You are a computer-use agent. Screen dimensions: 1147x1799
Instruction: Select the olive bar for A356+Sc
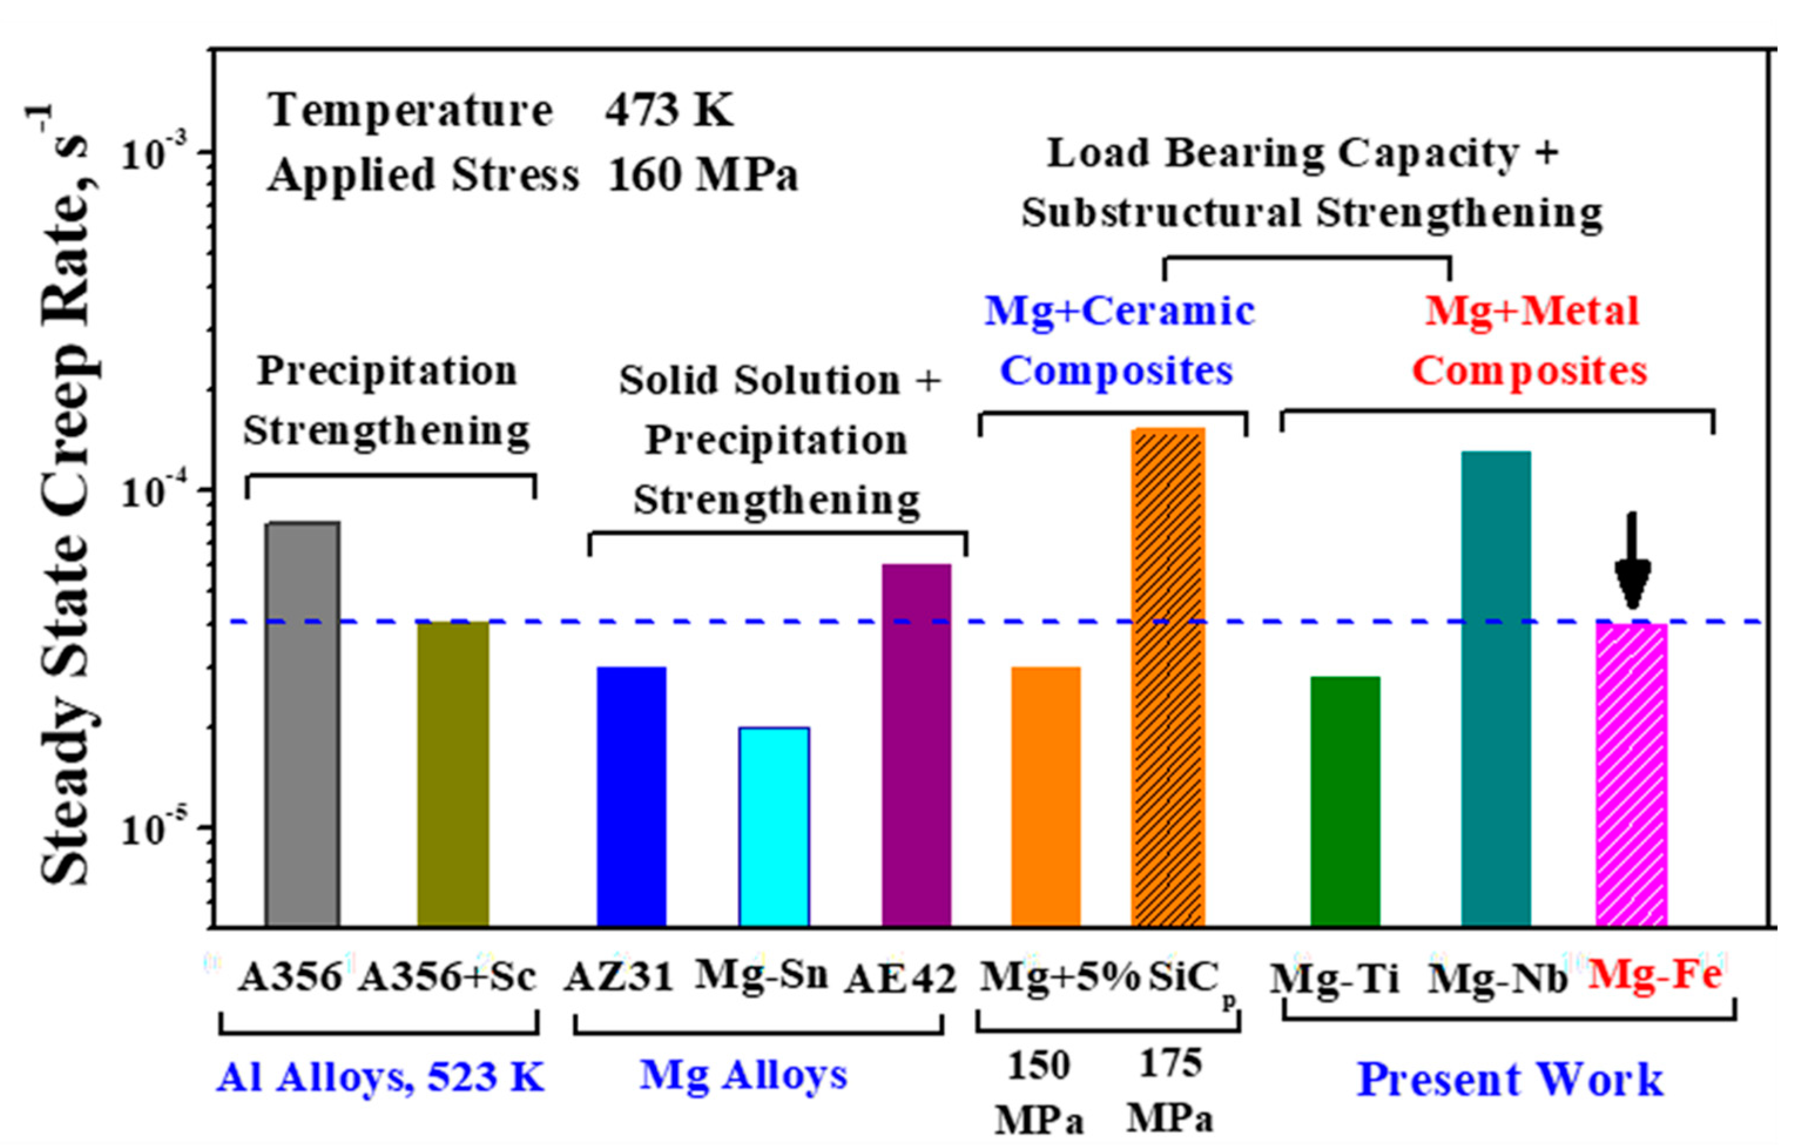tap(453, 774)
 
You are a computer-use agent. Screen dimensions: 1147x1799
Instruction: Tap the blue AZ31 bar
tap(632, 796)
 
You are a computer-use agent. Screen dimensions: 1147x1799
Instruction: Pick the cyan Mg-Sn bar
tap(774, 826)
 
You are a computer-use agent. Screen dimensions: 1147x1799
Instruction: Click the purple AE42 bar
tap(916, 744)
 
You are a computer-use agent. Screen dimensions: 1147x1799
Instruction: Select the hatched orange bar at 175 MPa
tap(1167, 676)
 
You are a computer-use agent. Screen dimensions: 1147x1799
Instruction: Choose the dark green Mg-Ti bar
tap(1345, 801)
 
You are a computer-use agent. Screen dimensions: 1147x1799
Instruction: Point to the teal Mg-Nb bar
tap(1496, 687)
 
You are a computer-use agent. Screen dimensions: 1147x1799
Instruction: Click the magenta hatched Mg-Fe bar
tap(1632, 774)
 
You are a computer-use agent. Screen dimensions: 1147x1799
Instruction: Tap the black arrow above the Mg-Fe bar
tap(1632, 561)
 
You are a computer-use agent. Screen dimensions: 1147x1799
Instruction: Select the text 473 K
tap(669, 110)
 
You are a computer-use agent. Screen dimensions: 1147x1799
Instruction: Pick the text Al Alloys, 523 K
tap(380, 1077)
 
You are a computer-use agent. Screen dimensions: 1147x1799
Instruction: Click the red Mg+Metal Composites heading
tap(1530, 340)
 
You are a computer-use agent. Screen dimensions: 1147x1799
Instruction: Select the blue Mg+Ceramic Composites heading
tap(1118, 340)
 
